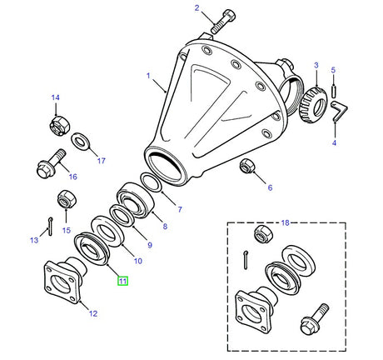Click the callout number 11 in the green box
click(x=122, y=281)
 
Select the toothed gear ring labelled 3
click(x=313, y=105)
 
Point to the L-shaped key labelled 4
click(x=339, y=111)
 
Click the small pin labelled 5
click(x=333, y=91)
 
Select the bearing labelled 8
click(x=135, y=200)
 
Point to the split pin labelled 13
click(x=50, y=227)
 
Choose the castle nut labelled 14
click(x=59, y=126)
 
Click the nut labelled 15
click(x=67, y=198)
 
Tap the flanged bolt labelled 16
click(x=52, y=163)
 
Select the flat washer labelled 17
click(x=80, y=142)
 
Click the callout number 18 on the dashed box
click(x=286, y=222)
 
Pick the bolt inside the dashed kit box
click(x=315, y=319)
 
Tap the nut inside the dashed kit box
click(x=263, y=234)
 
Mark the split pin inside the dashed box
click(x=246, y=260)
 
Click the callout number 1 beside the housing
click(x=148, y=76)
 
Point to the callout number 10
click(x=138, y=261)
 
